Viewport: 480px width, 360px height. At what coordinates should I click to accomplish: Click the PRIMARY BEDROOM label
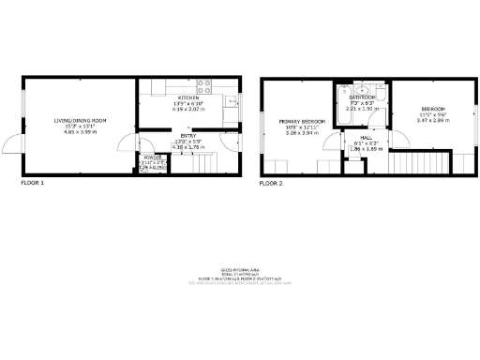(301, 122)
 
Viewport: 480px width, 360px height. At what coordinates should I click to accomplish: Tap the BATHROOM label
(363, 97)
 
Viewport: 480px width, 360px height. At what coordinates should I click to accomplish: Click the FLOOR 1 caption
(32, 184)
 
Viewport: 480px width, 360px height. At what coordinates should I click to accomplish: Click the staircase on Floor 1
(202, 164)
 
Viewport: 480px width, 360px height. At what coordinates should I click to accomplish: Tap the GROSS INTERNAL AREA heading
(239, 268)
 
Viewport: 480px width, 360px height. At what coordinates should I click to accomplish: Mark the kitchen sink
(231, 101)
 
